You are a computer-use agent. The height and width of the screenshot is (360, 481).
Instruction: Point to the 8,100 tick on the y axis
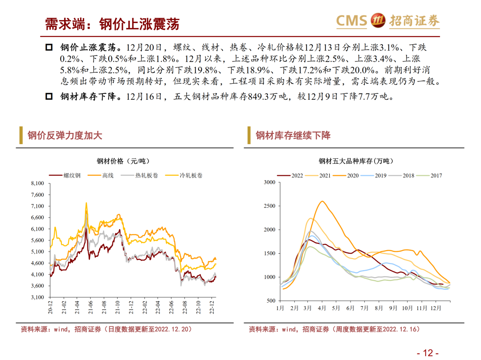(37, 183)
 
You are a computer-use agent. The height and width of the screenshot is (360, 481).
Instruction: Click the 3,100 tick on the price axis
(37, 297)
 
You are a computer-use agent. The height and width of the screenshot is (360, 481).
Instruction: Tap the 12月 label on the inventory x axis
(436, 307)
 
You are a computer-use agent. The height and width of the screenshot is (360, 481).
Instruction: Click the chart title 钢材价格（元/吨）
(123, 161)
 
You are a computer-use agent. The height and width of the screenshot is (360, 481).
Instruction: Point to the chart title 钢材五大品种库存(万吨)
(356, 161)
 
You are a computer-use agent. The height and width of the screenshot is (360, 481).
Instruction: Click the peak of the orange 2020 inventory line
(322, 201)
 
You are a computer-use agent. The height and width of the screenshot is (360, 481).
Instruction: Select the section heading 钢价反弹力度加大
(65, 135)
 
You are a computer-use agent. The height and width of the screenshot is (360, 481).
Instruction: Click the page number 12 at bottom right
(428, 353)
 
